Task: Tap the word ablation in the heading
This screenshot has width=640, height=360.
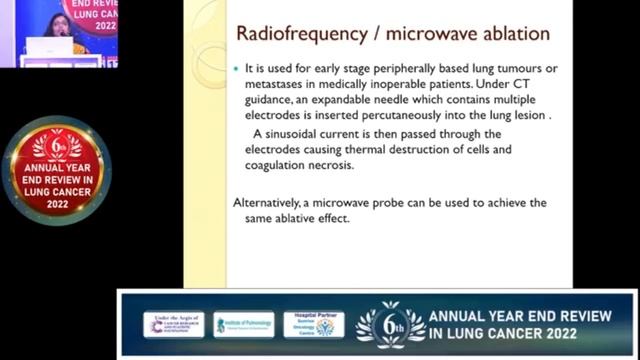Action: [x=513, y=34]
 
